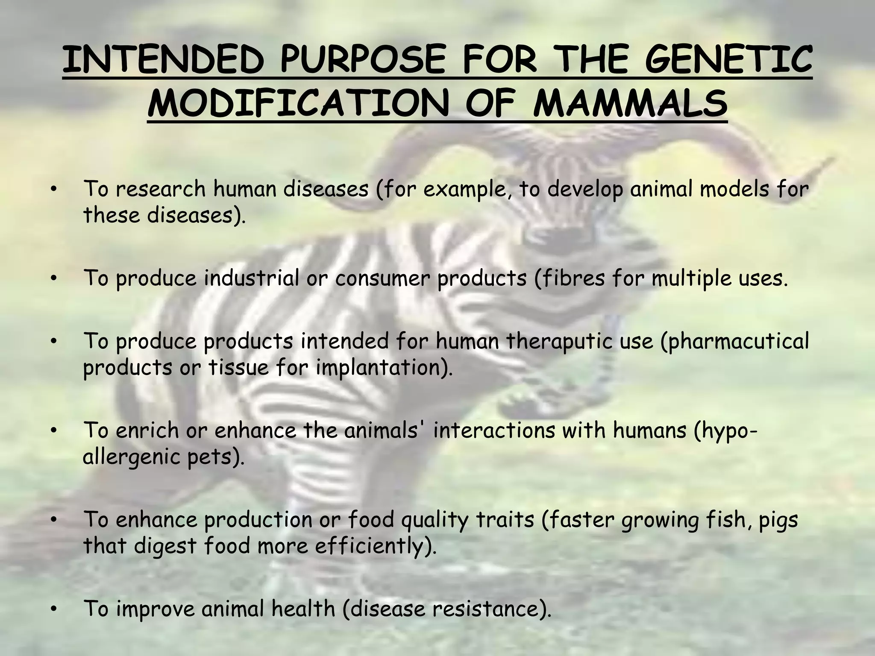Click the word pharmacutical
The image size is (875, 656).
pyautogui.click(x=735, y=342)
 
